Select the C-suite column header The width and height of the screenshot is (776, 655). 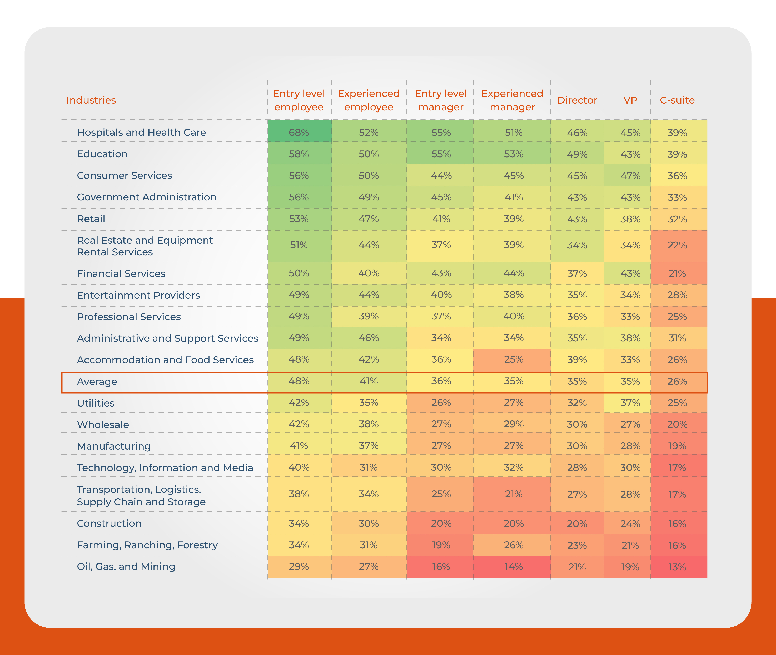pos(677,100)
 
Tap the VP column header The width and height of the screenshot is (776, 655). pos(630,100)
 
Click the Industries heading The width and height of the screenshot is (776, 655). pos(91,100)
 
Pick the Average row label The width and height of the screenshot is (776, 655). pos(97,382)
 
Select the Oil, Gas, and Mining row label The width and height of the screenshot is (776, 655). pos(126,567)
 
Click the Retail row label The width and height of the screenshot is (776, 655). pos(91,219)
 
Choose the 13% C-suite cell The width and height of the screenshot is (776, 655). pos(677,567)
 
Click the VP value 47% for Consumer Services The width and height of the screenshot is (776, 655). pos(630,176)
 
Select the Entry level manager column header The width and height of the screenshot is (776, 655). pos(441,100)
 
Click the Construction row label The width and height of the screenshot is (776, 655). pos(109,524)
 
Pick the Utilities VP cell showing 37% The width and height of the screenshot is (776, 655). pos(630,403)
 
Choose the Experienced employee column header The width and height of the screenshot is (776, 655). pos(369,100)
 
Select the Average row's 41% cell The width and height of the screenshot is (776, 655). pos(369,381)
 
